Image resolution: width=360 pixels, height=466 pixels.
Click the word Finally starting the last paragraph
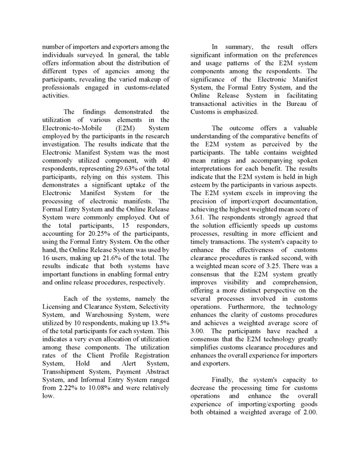[x=224, y=380]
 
